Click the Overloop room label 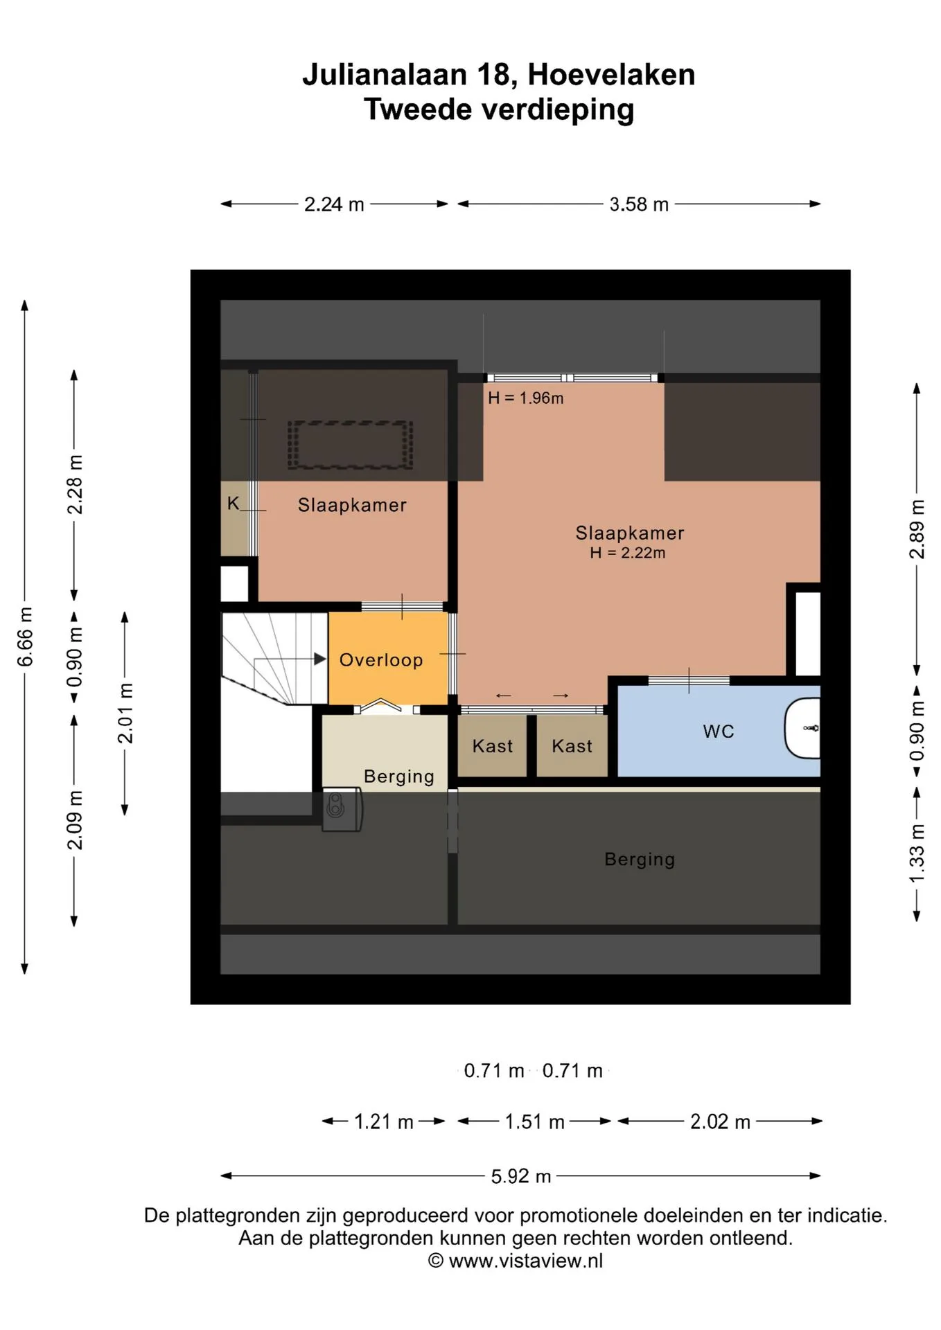(x=381, y=660)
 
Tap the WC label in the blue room (x=719, y=731)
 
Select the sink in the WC (x=802, y=728)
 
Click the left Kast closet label (x=493, y=746)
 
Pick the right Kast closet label (x=572, y=746)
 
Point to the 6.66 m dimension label (x=25, y=637)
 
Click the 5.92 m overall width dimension (x=521, y=1176)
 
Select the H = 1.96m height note (x=526, y=398)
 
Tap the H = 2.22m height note (x=628, y=553)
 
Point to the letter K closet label (x=234, y=504)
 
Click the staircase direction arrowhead (x=320, y=659)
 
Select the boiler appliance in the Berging (x=342, y=809)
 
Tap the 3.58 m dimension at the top (x=639, y=204)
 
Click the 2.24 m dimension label (x=334, y=204)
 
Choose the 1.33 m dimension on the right (x=917, y=853)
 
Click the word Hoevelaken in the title (x=611, y=75)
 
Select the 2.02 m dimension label (x=721, y=1121)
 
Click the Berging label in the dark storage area (x=640, y=860)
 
